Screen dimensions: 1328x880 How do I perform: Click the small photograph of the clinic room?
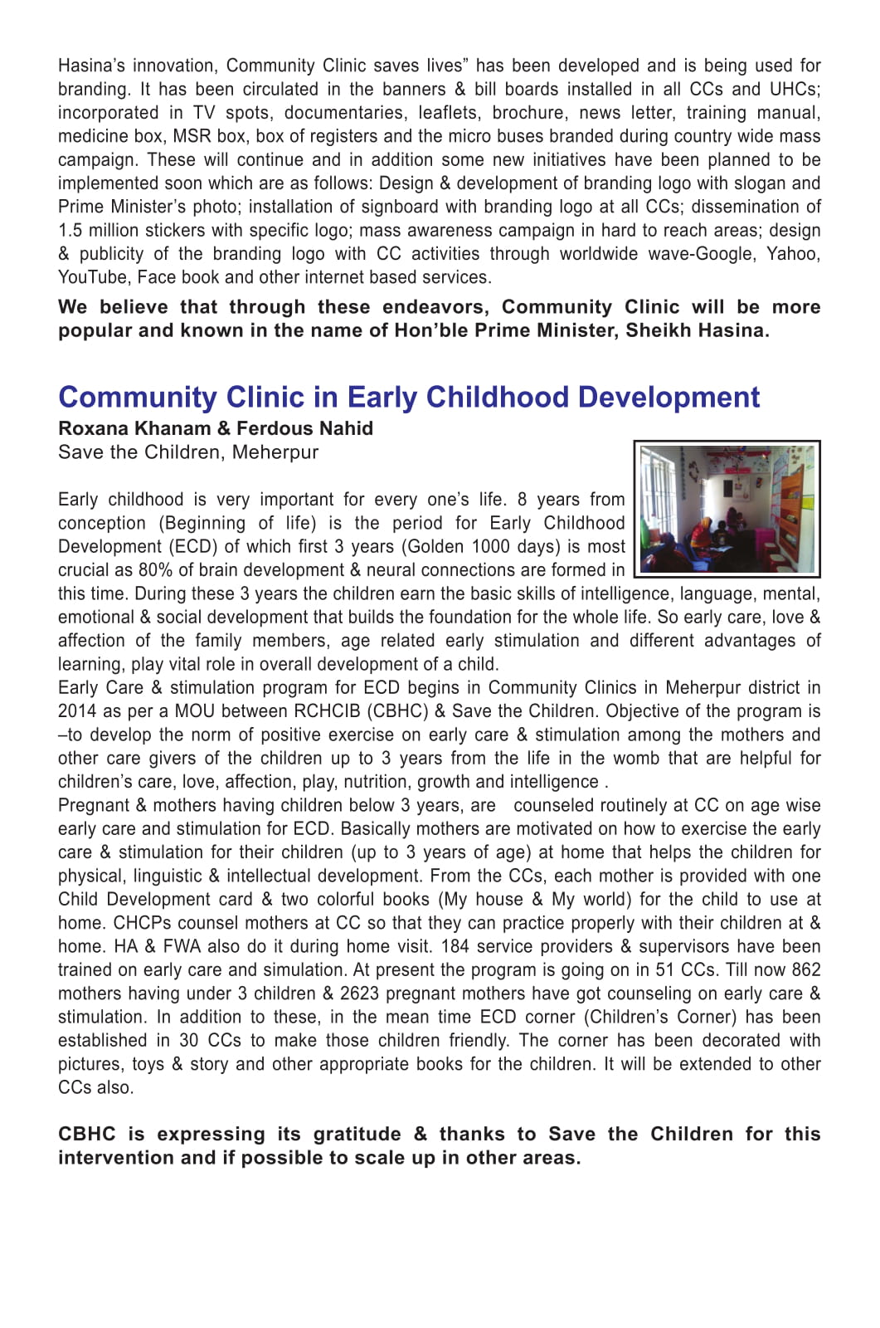[727, 509]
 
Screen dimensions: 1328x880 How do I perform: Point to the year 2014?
[77, 711]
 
